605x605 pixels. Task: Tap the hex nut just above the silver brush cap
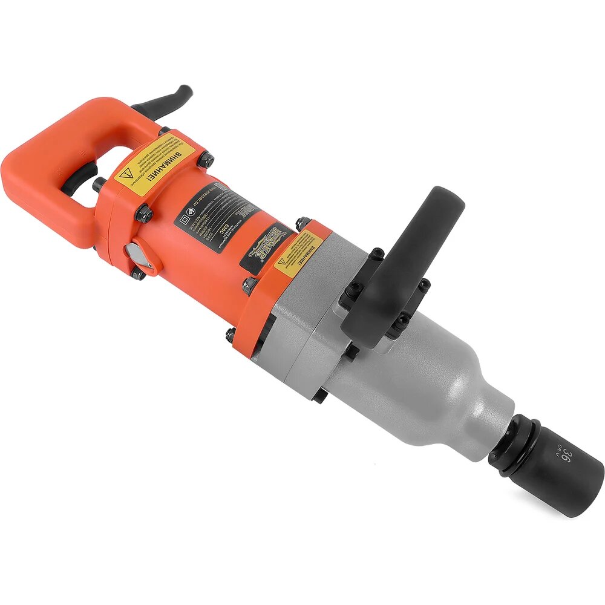click(143, 213)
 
